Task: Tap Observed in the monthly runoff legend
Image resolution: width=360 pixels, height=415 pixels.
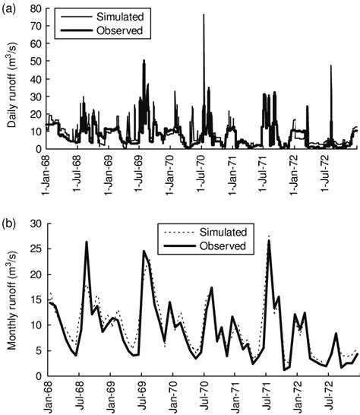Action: point(219,246)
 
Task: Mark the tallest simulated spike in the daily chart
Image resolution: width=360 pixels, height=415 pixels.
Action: point(204,15)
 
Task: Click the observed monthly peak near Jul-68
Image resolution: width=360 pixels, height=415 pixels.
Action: point(87,242)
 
